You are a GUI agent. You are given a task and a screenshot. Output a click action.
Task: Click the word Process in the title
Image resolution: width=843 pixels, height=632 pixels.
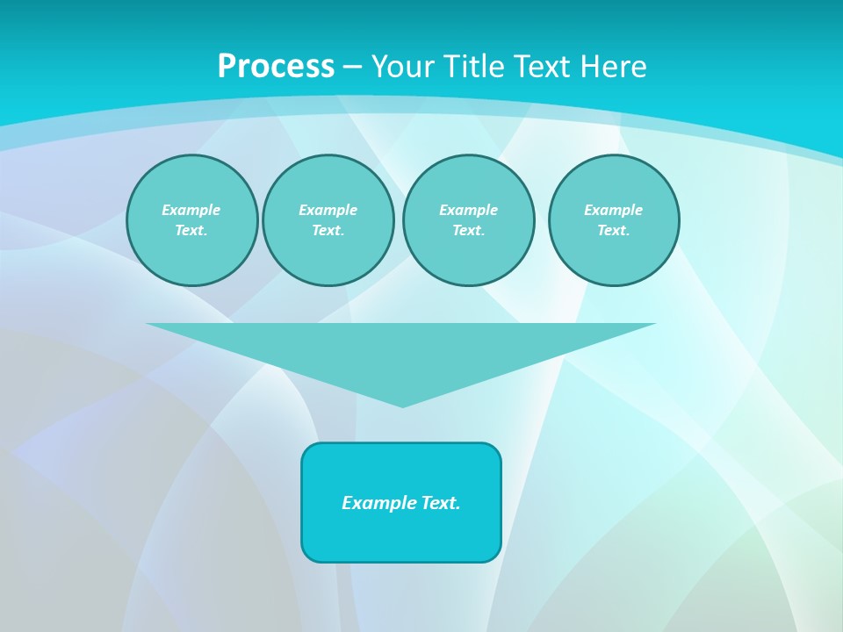pos(276,67)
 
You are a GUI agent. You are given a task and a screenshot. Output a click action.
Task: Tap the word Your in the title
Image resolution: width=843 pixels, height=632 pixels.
pos(402,67)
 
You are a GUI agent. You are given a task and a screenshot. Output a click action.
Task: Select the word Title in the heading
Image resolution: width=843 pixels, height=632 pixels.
pos(472,67)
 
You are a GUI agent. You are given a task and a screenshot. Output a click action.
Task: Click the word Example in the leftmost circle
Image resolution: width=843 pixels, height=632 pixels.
pos(191,210)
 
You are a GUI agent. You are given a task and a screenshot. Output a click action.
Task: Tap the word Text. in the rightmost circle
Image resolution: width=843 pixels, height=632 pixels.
pos(613,230)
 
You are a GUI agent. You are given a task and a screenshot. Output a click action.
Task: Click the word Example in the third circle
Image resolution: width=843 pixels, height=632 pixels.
pos(468,210)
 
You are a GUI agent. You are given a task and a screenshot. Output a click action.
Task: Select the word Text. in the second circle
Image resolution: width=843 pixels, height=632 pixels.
pos(328,230)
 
